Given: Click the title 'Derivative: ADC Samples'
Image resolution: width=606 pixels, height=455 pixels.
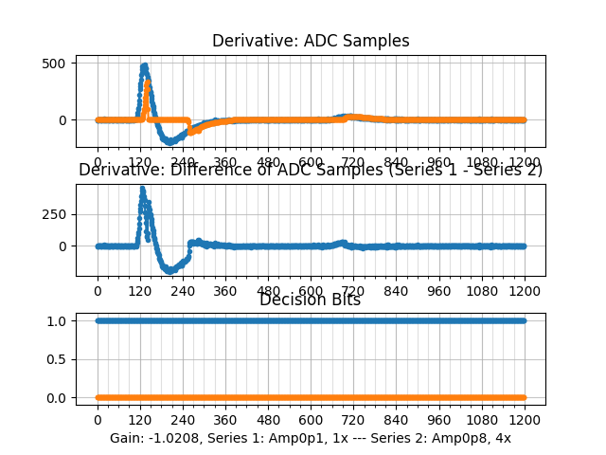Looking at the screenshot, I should coord(311,41).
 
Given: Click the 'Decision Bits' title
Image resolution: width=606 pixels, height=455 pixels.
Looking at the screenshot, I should coord(311,300).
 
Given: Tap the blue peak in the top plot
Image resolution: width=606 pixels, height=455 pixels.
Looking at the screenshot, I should coord(144,66).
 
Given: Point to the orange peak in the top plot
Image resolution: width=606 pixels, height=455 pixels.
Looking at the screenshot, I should coord(148,83).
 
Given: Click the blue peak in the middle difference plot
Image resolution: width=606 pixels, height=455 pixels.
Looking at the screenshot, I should coord(142,189).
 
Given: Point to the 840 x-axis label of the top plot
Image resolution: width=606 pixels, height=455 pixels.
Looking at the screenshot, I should coord(397,162).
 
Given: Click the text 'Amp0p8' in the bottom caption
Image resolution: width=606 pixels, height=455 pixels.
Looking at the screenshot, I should coord(455,438).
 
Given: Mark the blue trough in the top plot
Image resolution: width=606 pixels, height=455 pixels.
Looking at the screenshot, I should coord(171,141).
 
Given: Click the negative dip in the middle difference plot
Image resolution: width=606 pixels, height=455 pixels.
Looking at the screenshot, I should coord(170,270).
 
